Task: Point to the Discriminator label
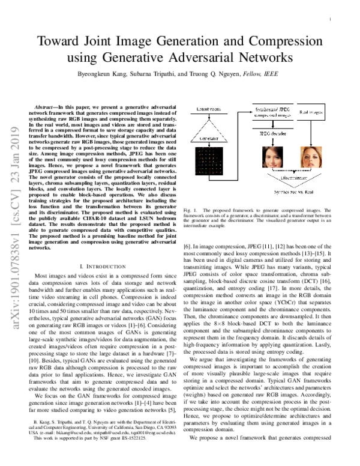pyautogui.click(x=277, y=177)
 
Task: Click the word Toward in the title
pyautogui.click(x=62, y=43)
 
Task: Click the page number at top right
pyautogui.click(x=331, y=19)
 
